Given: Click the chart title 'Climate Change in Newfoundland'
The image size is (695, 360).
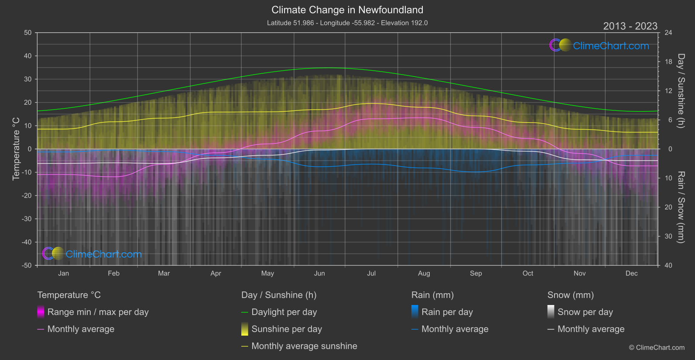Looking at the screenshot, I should [347, 10].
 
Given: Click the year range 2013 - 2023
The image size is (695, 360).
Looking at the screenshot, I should [630, 26].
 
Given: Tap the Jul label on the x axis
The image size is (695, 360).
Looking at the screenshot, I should [371, 274].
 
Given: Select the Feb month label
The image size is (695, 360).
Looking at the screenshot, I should [113, 274].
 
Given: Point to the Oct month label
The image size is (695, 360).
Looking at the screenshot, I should [528, 274].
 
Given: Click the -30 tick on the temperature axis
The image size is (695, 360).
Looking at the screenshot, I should [27, 219].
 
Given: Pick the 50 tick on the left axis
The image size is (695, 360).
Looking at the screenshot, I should [28, 33].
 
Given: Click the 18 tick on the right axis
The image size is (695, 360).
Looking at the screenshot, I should [668, 62].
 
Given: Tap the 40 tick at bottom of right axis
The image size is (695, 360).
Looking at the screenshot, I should [668, 265].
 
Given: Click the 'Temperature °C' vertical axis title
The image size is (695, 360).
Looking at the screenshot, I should [16, 149].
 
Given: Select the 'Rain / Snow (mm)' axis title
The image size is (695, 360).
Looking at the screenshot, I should [681, 207].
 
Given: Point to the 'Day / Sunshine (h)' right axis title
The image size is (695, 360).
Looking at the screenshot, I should [681, 91].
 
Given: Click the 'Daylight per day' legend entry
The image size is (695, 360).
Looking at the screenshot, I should [284, 312].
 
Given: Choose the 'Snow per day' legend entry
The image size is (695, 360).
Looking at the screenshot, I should [585, 312].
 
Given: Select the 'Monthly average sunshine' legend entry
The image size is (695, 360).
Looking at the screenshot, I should [304, 346].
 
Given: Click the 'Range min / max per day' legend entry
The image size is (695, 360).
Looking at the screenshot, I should [98, 312].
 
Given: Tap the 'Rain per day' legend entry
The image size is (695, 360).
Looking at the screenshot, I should [447, 312].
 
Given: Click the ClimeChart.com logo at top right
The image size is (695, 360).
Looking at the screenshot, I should [599, 45].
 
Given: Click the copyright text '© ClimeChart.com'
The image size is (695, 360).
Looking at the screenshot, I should [657, 347].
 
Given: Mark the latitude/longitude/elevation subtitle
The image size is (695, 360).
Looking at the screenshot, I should [347, 23].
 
